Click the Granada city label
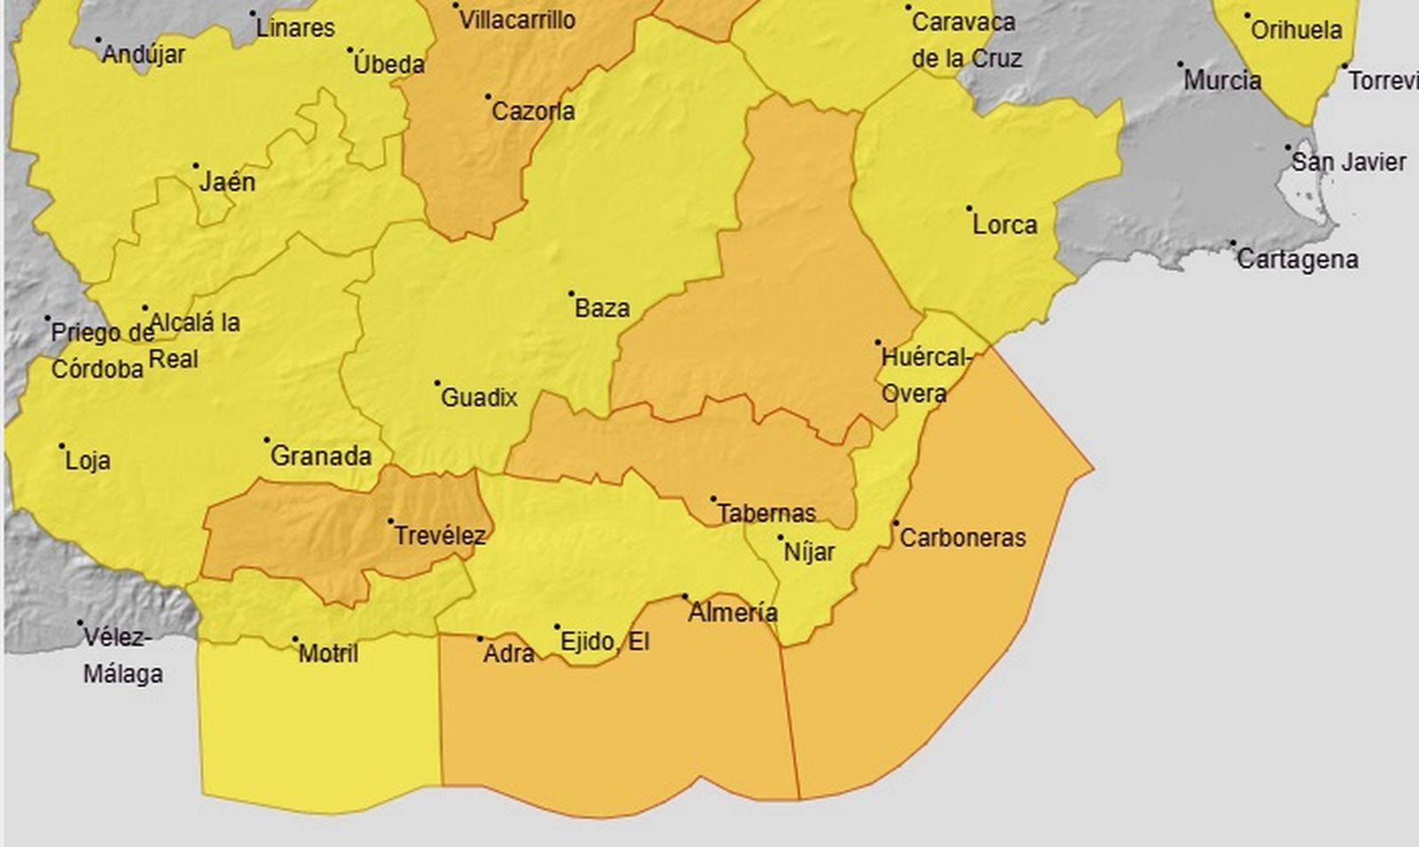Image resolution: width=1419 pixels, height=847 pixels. [x=320, y=457]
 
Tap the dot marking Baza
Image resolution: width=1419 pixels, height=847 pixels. [x=571, y=294]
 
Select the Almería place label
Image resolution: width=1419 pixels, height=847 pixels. [x=733, y=613]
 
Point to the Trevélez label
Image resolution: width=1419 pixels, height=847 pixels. [x=439, y=536]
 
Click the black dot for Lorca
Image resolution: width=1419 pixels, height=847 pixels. [x=969, y=209]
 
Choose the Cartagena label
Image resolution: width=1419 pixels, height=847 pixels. [x=1297, y=260]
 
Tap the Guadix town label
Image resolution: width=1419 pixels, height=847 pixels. [x=479, y=398]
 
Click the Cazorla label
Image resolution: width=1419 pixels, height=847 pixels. [x=533, y=112]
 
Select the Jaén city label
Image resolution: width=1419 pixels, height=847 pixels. [x=227, y=183]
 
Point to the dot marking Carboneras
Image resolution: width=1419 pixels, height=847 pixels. [x=896, y=523]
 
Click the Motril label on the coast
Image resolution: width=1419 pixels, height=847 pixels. [x=328, y=655]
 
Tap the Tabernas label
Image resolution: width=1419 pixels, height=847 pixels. [x=766, y=514]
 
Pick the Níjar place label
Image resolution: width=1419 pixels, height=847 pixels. [x=809, y=553]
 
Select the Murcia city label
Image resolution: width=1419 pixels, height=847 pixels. [x=1222, y=81]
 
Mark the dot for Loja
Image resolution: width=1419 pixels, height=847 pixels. [x=62, y=446]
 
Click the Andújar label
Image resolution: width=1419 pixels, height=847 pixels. [x=144, y=55]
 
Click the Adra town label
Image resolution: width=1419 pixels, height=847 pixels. [x=508, y=655]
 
